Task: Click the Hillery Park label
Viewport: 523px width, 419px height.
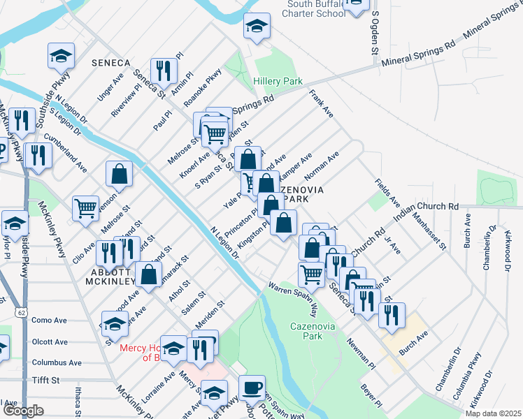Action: click(x=278, y=82)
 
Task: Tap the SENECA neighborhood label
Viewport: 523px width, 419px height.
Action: click(x=110, y=63)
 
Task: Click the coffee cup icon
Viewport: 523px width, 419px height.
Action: click(x=252, y=388)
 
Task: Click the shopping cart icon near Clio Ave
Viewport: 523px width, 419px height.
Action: click(x=85, y=207)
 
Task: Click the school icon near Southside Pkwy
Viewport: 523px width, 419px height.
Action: click(x=61, y=55)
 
